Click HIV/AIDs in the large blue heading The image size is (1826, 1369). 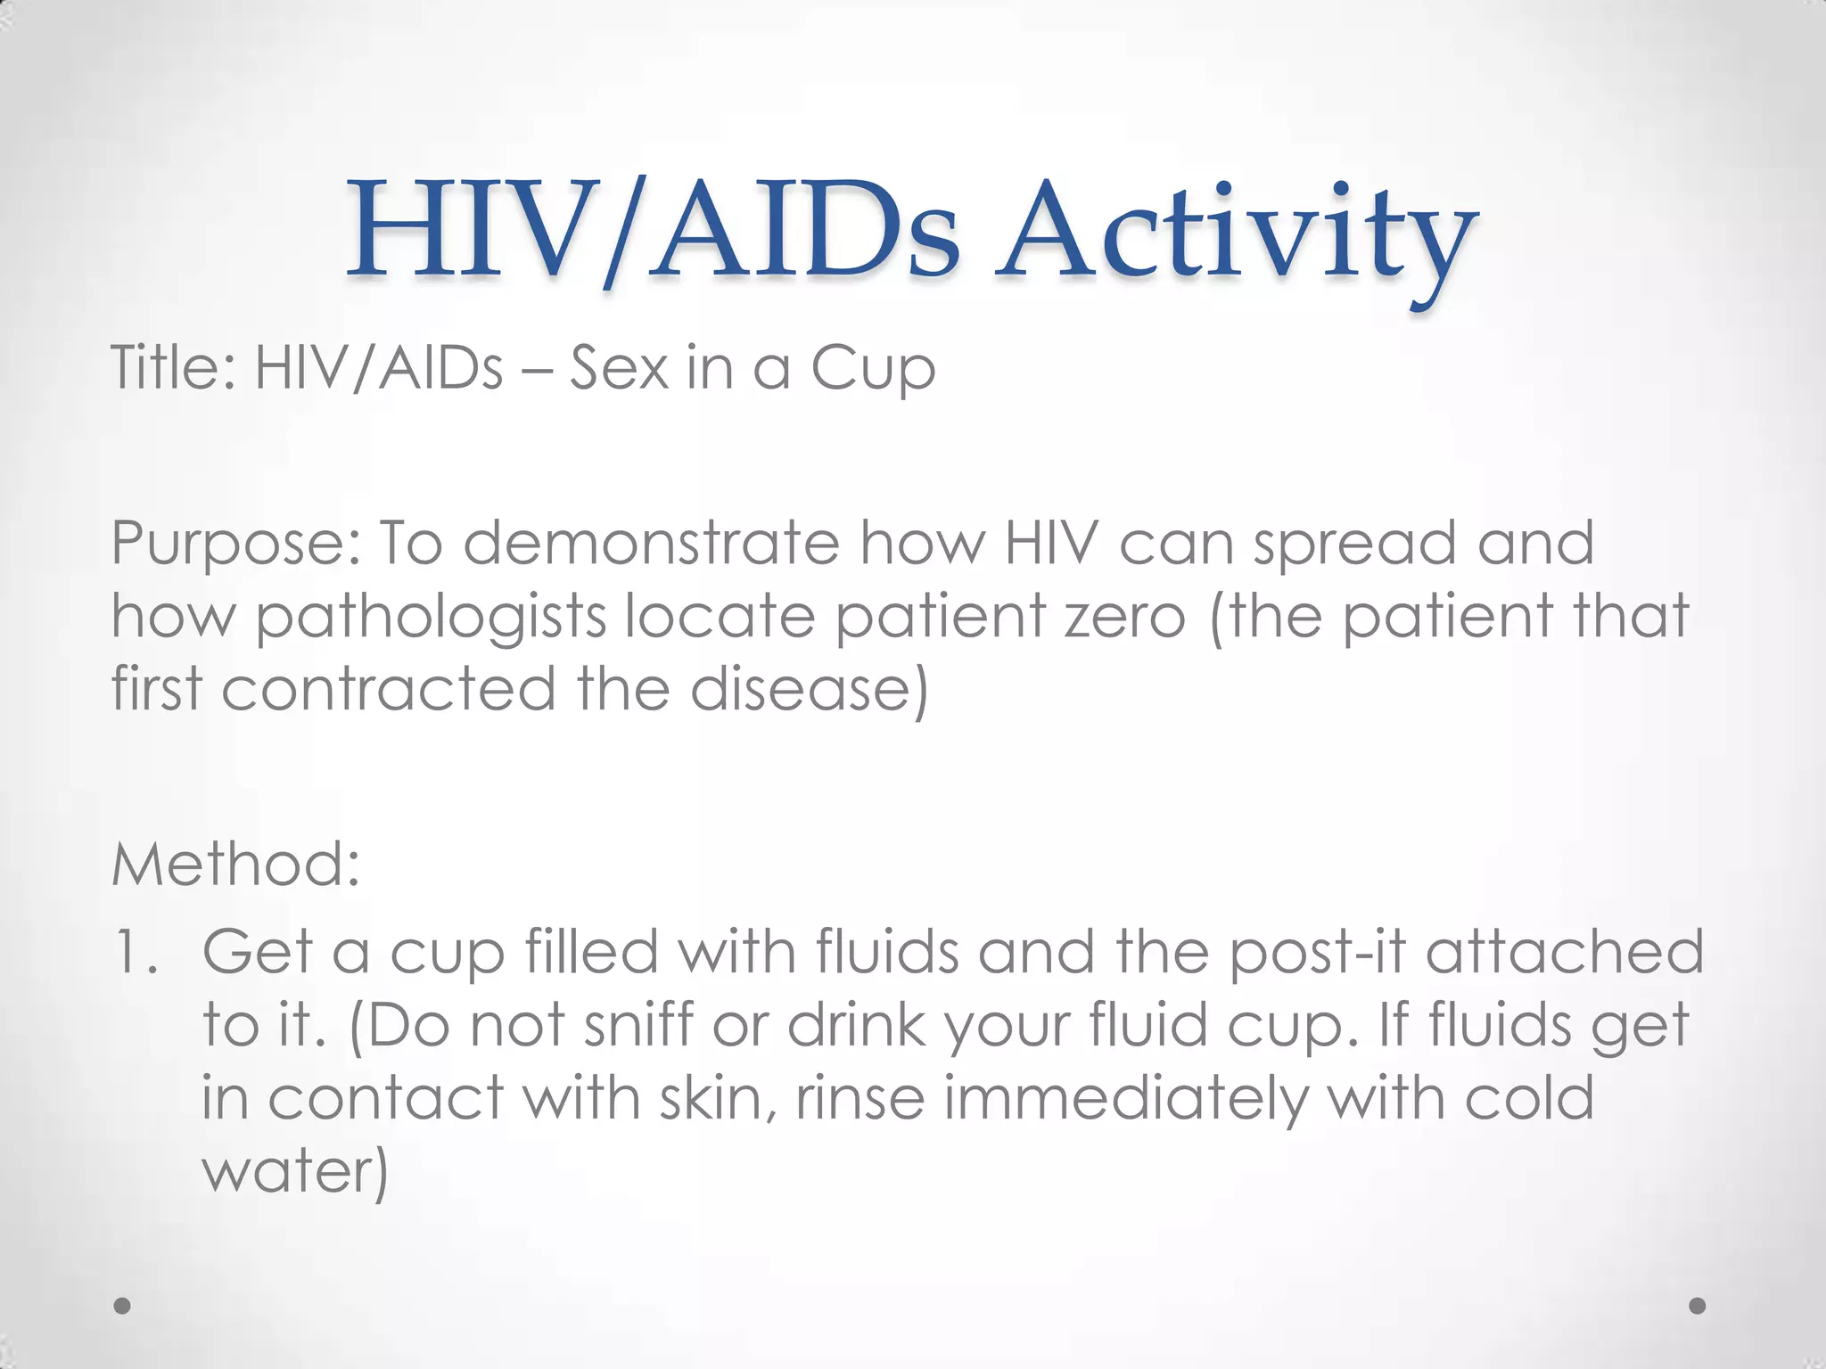[x=653, y=232]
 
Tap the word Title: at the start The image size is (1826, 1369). [x=173, y=367]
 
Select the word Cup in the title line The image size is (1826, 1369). [x=872, y=369]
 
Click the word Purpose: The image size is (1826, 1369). [x=235, y=544]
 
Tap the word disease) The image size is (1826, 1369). [x=810, y=689]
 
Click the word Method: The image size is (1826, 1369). [x=235, y=865]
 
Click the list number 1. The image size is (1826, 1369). [x=136, y=952]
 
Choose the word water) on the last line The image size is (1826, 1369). [x=295, y=1171]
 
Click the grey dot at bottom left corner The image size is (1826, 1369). [x=123, y=1306]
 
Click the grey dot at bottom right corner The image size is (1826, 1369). [x=1698, y=1306]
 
